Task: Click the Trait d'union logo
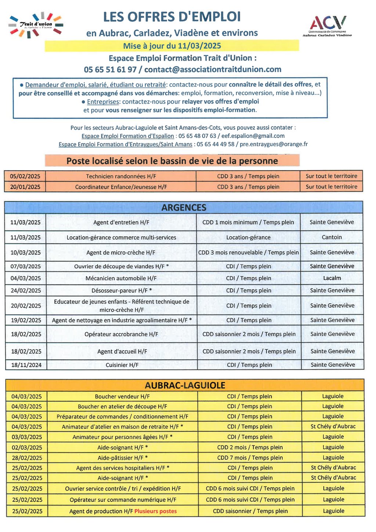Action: click(36, 25)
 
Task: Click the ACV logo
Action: click(327, 26)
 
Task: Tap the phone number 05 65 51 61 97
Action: click(110, 69)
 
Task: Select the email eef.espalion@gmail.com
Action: click(253, 136)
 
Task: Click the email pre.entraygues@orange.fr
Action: click(274, 144)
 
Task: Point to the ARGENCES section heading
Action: click(184, 208)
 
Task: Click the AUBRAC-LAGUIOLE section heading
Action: click(185, 385)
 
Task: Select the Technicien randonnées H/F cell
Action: click(121, 176)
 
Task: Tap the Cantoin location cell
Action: click(332, 237)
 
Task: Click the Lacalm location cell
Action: click(332, 278)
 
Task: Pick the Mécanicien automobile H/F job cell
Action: click(121, 278)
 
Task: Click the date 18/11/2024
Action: click(26, 365)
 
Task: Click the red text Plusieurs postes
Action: click(155, 511)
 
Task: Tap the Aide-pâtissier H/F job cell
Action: click(123, 458)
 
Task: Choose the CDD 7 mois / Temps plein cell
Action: click(250, 458)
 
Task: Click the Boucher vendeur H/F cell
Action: click(122, 396)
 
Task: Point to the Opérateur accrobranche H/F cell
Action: click(121, 334)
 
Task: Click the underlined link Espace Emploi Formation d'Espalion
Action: click(127, 136)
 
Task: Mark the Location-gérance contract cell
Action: click(248, 237)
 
